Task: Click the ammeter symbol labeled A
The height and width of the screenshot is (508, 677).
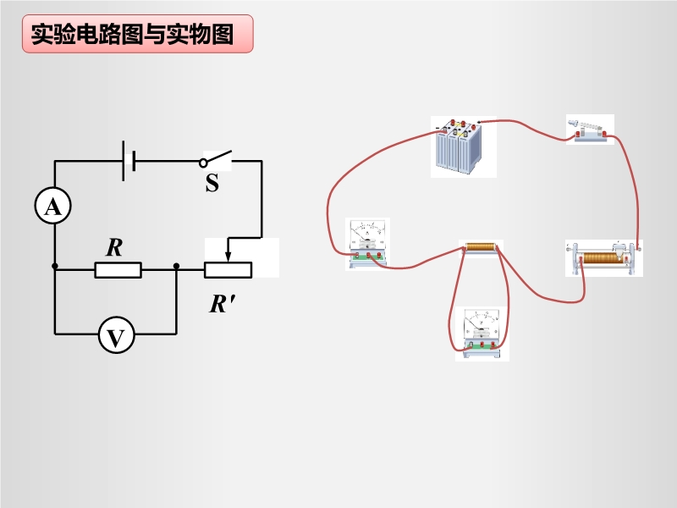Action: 52,206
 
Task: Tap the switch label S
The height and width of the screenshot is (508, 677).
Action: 212,182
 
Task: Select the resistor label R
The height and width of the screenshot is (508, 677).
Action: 114,247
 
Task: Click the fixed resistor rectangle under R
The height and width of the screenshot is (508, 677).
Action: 118,270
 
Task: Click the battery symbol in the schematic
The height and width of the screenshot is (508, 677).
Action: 129,160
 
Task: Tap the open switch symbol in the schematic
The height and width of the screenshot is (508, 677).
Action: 217,158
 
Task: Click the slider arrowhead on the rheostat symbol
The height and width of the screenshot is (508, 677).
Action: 227,257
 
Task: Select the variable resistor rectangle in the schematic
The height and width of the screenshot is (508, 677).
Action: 228,270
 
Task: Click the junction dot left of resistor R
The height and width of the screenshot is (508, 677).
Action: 54,267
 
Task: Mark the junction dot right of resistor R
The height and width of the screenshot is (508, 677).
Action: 176,267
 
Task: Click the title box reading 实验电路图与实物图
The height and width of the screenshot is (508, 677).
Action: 137,34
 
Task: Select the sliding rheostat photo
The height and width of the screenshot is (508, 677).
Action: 603,258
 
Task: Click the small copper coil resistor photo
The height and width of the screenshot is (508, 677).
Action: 481,248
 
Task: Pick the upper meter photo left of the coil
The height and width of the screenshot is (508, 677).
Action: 368,244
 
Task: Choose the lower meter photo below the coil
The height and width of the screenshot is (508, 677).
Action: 482,334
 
